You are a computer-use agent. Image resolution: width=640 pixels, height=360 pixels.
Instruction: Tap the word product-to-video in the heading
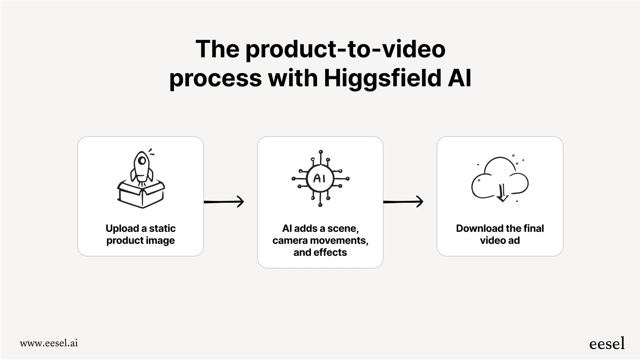point(345,49)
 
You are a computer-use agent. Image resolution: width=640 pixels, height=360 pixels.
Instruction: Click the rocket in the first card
point(142,167)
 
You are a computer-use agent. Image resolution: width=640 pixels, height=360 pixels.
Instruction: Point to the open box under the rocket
point(141,194)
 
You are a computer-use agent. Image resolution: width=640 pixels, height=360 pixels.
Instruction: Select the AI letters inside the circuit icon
point(319,178)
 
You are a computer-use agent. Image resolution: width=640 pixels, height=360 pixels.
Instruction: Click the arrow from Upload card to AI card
point(224,202)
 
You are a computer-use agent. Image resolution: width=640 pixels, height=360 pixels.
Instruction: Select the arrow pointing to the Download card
point(403,202)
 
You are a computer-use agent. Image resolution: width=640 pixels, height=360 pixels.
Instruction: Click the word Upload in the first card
point(122,229)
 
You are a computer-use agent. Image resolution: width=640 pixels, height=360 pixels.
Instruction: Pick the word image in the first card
point(162,241)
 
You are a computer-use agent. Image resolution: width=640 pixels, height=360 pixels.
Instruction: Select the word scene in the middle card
point(342,229)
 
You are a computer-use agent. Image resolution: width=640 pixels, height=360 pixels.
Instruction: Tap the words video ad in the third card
point(499,241)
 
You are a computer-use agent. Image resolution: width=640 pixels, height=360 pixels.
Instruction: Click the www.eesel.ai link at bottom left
point(49,343)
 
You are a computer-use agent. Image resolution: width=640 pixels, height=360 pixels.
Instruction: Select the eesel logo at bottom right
point(606,344)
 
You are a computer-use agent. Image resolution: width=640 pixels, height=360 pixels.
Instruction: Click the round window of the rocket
point(142,160)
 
